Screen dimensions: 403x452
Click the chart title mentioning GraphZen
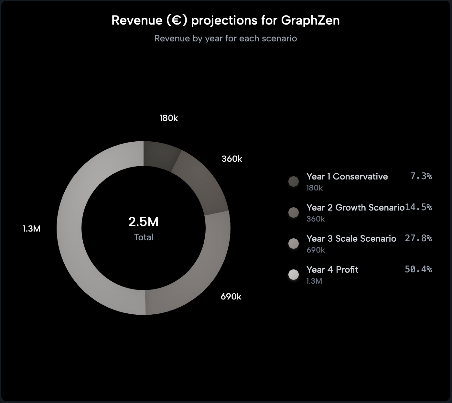225,20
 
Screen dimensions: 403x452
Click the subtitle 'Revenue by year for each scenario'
225,38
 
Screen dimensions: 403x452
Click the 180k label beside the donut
168,118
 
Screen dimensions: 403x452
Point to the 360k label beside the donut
232,159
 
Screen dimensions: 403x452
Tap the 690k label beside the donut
231,297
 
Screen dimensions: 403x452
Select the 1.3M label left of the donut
32,229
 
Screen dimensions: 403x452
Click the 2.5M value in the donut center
143,222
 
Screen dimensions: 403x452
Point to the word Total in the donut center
143,237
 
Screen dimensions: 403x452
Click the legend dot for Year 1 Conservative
294,181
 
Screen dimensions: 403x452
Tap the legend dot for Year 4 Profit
294,275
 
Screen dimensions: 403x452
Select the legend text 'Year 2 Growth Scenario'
355,207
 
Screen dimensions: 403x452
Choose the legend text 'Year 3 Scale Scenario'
351,238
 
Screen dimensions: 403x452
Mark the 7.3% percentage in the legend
421,176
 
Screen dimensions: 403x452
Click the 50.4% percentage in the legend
418,269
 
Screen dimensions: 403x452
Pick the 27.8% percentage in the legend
418,238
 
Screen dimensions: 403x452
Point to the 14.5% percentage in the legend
418,207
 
